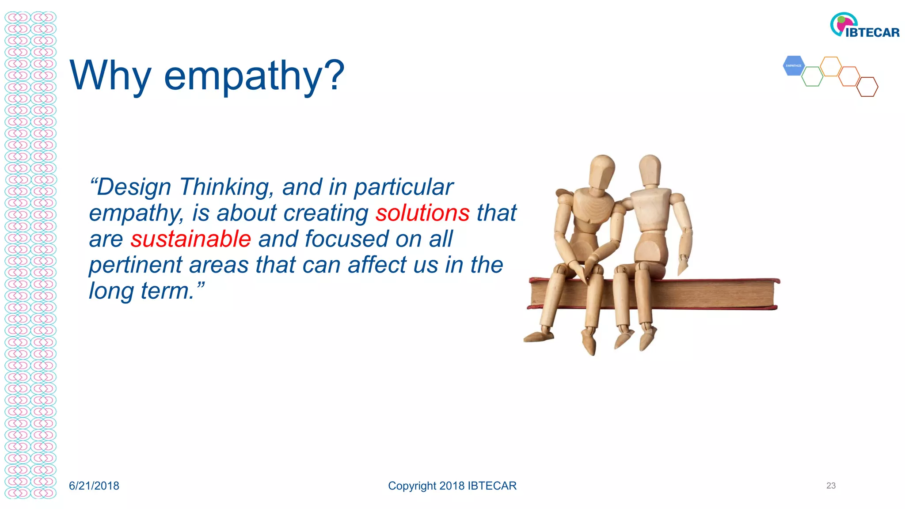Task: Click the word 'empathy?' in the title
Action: coord(254,76)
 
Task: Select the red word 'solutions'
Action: coord(422,213)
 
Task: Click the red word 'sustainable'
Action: coord(190,239)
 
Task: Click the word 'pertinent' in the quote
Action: coord(135,265)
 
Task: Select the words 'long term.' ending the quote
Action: coord(141,291)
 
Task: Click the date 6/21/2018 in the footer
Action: coord(94,486)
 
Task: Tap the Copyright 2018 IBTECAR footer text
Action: coord(452,486)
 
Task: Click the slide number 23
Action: coord(831,486)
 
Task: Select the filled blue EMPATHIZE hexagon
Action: coord(794,66)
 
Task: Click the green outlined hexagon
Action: coord(812,76)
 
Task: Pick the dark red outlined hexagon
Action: coord(867,87)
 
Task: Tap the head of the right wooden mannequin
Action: coord(650,170)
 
